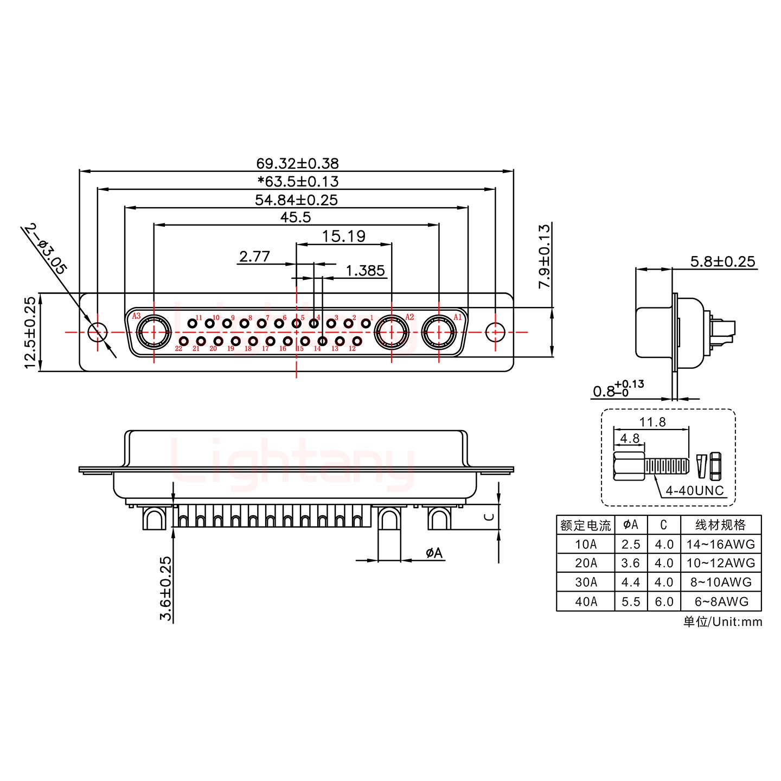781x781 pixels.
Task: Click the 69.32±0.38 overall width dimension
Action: tap(297, 163)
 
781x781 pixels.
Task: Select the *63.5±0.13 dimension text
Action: tap(298, 181)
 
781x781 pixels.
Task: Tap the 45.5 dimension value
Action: tap(296, 217)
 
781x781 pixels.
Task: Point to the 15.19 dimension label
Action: tap(343, 236)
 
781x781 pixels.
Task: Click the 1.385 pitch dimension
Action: tap(364, 270)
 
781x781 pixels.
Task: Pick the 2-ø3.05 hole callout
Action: tap(46, 249)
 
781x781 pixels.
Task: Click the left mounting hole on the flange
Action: tap(98, 332)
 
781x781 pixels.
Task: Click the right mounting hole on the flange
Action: tap(495, 332)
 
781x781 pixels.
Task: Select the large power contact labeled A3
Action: tap(153, 332)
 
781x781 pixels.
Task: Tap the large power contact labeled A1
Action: tap(438, 332)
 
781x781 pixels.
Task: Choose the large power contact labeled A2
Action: tap(392, 332)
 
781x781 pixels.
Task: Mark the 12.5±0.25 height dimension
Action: tap(30, 332)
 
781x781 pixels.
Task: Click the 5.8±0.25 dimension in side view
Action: tap(722, 261)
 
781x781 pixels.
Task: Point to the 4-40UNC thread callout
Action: tap(694, 491)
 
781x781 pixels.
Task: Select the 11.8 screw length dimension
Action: tap(652, 422)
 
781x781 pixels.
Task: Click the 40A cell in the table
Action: tap(585, 601)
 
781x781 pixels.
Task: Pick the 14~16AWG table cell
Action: tap(720, 544)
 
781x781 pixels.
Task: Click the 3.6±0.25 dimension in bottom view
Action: tap(166, 588)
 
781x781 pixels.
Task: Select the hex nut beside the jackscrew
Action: tap(715, 466)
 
